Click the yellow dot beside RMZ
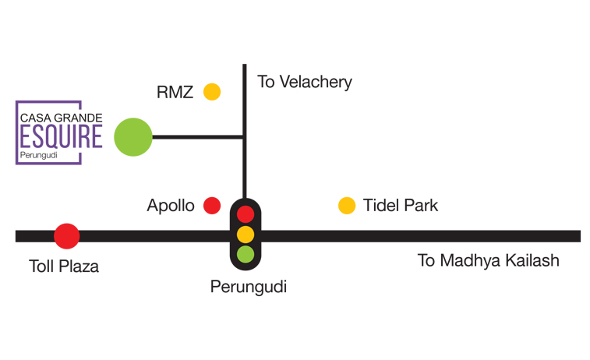click(212, 92)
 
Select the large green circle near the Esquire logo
click(132, 136)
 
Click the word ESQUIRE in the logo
click(60, 137)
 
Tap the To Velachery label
click(305, 82)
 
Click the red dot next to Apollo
click(211, 206)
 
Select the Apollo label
click(171, 206)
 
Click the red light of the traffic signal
click(246, 214)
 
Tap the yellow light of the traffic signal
click(246, 234)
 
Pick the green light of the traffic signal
click(246, 253)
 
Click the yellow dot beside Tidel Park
click(347, 206)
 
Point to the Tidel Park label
click(401, 206)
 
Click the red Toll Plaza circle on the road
click(66, 235)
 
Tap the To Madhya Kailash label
click(488, 260)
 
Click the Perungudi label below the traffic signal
click(249, 287)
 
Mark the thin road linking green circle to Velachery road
click(198, 137)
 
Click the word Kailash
click(531, 260)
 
